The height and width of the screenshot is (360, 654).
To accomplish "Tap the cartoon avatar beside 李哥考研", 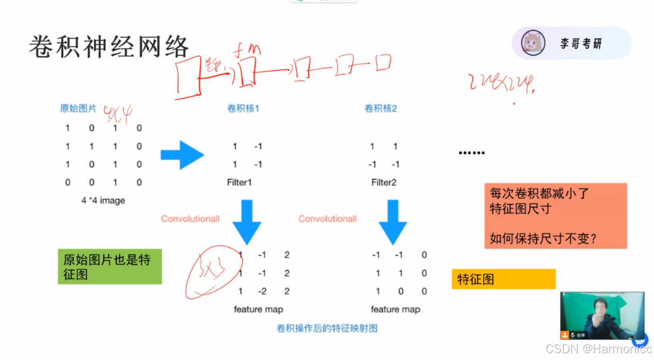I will [x=533, y=43].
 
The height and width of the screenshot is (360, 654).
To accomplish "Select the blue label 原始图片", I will [x=78, y=108].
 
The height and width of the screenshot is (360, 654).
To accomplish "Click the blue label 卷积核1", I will [x=243, y=108].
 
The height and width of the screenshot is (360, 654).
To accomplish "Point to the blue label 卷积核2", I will [x=380, y=108].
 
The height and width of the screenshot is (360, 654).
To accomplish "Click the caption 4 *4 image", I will [x=103, y=200].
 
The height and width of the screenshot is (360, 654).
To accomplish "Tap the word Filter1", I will [x=238, y=182].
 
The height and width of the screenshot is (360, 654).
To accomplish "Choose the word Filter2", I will [x=384, y=182].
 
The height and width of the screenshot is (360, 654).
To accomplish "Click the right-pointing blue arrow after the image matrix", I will [x=182, y=154].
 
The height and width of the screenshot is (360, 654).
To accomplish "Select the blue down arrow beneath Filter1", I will [x=246, y=222].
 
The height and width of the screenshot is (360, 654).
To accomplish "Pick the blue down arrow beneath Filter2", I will [x=393, y=222].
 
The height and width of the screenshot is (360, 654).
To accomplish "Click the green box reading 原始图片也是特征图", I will [x=110, y=266].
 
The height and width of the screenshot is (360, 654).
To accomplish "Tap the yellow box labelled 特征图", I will [x=503, y=279].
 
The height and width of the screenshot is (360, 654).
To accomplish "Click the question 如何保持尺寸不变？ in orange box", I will [x=543, y=238].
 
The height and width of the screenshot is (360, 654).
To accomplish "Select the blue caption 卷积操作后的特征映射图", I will [x=327, y=328].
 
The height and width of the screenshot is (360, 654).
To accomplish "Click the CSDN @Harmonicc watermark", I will [x=598, y=349].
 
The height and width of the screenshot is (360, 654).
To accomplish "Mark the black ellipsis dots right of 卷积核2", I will [x=471, y=153].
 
